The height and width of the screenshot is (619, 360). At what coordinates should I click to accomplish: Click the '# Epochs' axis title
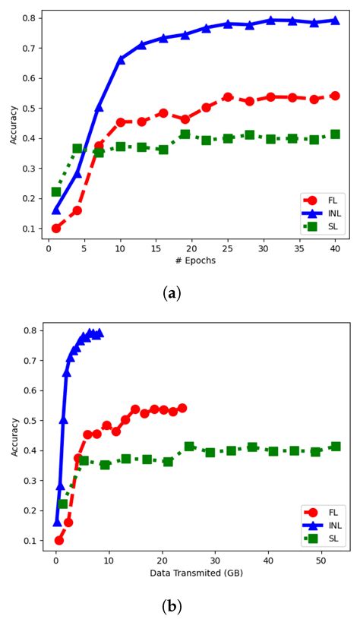point(195,261)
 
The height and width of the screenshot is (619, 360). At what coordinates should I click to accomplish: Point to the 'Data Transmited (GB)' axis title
point(195,575)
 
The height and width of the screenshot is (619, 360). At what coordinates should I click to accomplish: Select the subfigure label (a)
point(172,292)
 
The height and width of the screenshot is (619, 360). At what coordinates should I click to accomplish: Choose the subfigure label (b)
point(172,606)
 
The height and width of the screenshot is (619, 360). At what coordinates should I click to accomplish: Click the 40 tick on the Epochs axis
point(335,248)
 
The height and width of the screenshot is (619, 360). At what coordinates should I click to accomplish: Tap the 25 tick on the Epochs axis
point(228,248)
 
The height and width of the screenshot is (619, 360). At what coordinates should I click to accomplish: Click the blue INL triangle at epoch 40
point(335,20)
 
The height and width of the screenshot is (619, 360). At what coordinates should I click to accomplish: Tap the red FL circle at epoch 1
point(56,228)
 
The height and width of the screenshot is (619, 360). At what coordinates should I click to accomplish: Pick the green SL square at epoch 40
point(335,134)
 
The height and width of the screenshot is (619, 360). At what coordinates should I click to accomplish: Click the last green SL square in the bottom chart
point(335,447)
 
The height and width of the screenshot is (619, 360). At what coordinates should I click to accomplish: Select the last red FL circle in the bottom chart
point(182,408)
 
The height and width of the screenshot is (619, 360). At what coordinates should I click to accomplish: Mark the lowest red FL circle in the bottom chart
point(59,540)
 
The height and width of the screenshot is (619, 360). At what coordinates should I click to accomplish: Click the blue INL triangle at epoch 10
point(120,59)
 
